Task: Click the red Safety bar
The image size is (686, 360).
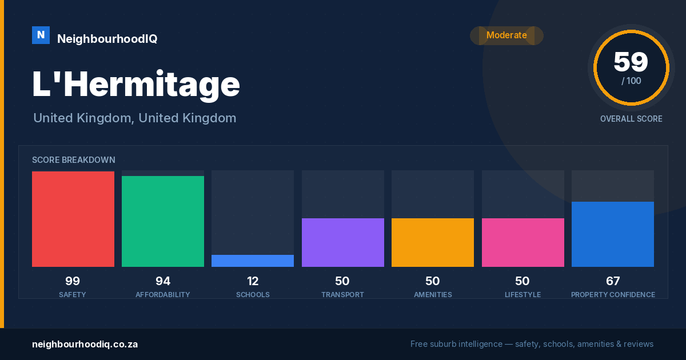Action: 73,219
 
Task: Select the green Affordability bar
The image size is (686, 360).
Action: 163,221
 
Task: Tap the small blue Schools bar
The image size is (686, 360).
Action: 253,261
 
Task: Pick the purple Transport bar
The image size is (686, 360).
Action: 342,242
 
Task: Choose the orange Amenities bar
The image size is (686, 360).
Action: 433,242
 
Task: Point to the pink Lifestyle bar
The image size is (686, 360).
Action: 523,242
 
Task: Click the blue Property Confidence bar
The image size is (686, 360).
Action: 613,234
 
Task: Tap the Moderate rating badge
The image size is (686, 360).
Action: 506,35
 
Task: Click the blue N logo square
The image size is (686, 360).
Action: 41,35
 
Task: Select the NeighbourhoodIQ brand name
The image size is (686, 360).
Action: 107,39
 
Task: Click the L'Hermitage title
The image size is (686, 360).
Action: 136,85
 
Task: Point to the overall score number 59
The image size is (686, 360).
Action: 631,62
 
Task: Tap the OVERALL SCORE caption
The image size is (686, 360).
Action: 631,119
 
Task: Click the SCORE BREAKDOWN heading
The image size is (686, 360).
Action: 74,160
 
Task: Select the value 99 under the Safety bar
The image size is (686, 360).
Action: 73,281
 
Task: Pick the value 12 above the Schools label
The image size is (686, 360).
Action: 253,281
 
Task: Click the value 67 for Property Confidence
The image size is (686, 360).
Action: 613,281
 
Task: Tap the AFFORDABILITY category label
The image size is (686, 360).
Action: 162,295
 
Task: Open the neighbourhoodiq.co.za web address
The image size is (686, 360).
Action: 85,345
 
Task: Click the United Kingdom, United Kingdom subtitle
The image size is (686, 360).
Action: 135,118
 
